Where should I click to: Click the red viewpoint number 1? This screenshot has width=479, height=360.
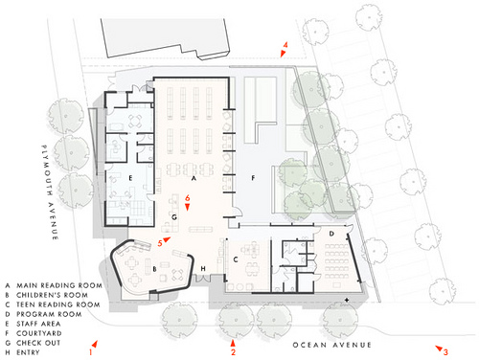click(90, 352)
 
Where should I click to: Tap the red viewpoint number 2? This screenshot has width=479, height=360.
click(233, 352)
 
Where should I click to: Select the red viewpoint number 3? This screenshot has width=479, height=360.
click(445, 352)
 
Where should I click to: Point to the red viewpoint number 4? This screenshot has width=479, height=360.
click(285, 45)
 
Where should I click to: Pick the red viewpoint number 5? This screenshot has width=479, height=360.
click(160, 243)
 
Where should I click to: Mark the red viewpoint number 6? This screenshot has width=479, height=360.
click(188, 198)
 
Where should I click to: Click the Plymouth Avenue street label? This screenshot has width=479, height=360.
click(50, 192)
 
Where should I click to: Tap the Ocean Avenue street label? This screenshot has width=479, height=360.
click(332, 345)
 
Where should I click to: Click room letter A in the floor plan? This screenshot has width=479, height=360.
click(194, 179)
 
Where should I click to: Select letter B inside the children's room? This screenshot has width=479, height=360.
click(155, 269)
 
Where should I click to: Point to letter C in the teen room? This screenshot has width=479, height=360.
click(236, 259)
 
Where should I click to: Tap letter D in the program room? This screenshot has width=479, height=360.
click(331, 234)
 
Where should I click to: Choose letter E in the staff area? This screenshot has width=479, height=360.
click(130, 178)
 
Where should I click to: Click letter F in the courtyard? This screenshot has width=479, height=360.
click(253, 178)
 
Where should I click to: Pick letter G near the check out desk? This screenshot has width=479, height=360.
click(174, 217)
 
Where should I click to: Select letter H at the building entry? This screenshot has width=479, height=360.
click(203, 269)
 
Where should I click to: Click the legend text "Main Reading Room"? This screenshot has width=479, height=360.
click(59, 285)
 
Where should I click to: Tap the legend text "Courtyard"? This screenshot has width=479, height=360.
click(39, 333)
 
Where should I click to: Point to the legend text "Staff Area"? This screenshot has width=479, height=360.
click(38, 324)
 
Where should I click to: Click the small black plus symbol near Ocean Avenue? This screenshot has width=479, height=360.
click(347, 300)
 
